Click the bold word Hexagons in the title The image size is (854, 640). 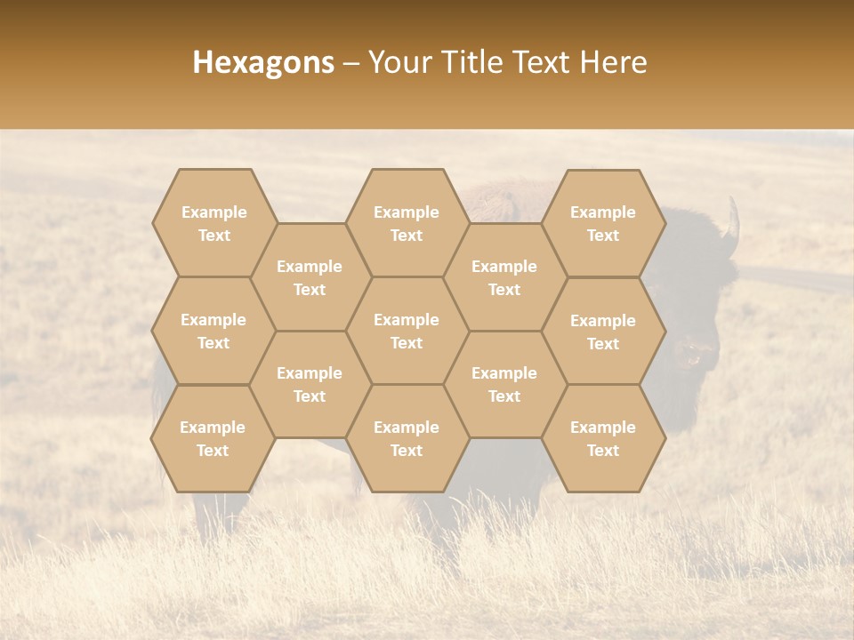[x=263, y=62]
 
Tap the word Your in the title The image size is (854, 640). [x=399, y=62]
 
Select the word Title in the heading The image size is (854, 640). [x=473, y=62]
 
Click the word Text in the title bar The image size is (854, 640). [x=543, y=62]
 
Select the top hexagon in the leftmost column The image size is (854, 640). [x=213, y=223]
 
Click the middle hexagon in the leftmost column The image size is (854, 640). [x=213, y=331]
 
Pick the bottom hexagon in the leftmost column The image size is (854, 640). [x=213, y=438]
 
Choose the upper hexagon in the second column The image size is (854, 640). [x=310, y=277]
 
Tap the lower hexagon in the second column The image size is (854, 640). [x=310, y=384]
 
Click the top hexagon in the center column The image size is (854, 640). [x=407, y=223]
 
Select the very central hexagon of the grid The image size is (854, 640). [x=407, y=331]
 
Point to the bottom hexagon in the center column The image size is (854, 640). [x=407, y=438]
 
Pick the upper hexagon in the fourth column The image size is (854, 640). [x=504, y=277]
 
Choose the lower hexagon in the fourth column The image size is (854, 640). [x=504, y=384]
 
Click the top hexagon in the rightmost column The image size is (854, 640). [x=603, y=223]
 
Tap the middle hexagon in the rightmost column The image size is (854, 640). [x=603, y=332]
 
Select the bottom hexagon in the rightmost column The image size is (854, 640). [x=603, y=438]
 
